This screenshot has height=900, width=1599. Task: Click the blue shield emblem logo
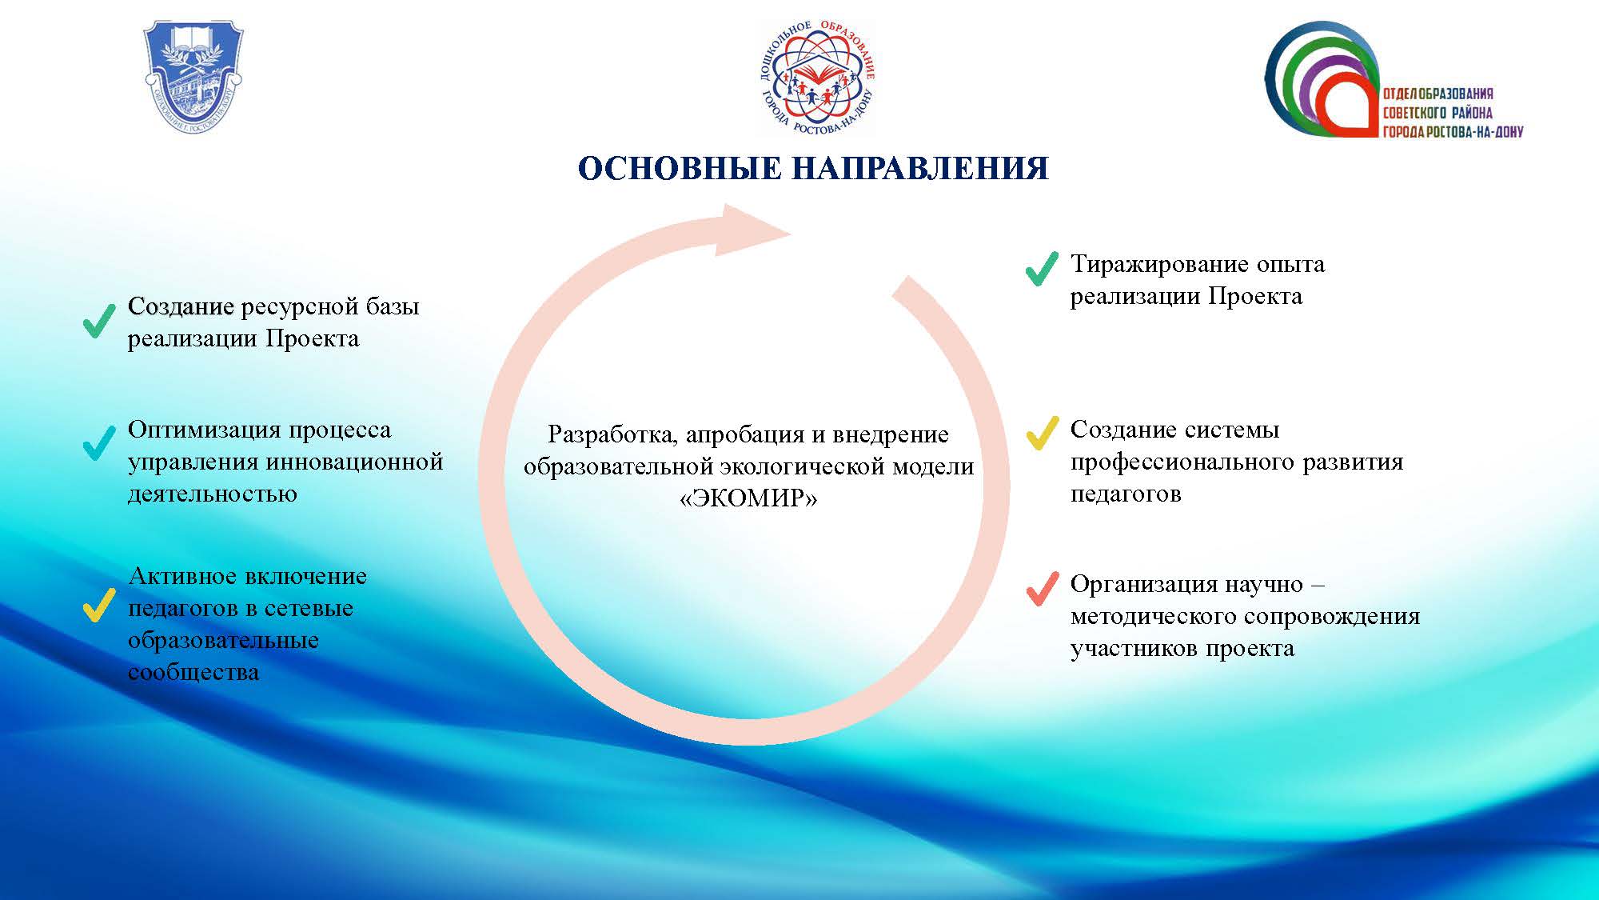[x=193, y=77]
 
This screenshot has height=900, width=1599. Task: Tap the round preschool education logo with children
[x=816, y=78]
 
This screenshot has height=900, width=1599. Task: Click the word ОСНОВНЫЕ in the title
[x=680, y=169]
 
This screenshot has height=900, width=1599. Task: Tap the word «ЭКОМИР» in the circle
[x=748, y=498]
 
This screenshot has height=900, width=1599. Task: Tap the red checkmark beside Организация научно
[x=1042, y=589]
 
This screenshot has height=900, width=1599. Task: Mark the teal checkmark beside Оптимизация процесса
[x=100, y=442]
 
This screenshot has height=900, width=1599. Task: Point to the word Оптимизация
[x=204, y=431]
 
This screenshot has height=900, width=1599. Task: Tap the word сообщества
[x=193, y=672]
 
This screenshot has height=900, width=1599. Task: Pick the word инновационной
[x=353, y=463]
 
